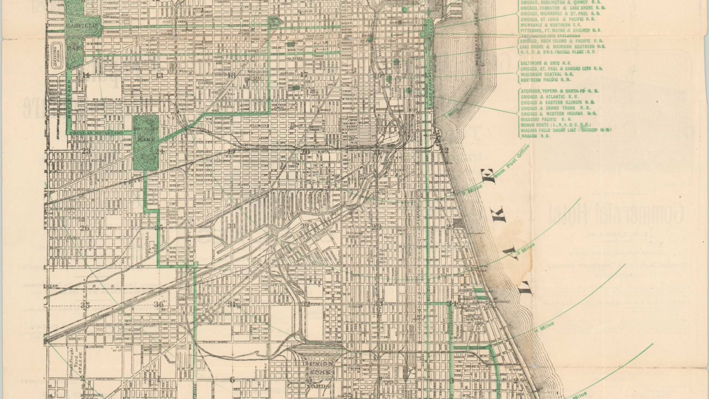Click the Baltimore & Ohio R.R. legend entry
tap(540, 63)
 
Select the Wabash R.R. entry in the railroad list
tap(533, 135)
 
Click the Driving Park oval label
tap(59, 55)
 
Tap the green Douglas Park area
tap(145, 142)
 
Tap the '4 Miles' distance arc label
tap(537, 329)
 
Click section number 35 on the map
tap(85, 305)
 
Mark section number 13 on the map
tap(160, 75)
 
